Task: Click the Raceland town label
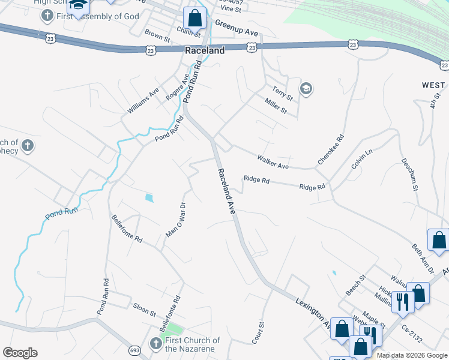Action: [205, 51]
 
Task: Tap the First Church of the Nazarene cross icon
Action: [155, 344]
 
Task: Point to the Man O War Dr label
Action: [176, 220]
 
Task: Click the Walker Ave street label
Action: [273, 161]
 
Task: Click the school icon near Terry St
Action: [305, 89]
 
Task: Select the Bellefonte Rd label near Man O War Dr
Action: [127, 228]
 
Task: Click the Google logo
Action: [20, 353]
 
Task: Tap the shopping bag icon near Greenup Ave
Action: [193, 17]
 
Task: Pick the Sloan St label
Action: [145, 313]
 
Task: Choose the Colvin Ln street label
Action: [362, 160]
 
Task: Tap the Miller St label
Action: [276, 107]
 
